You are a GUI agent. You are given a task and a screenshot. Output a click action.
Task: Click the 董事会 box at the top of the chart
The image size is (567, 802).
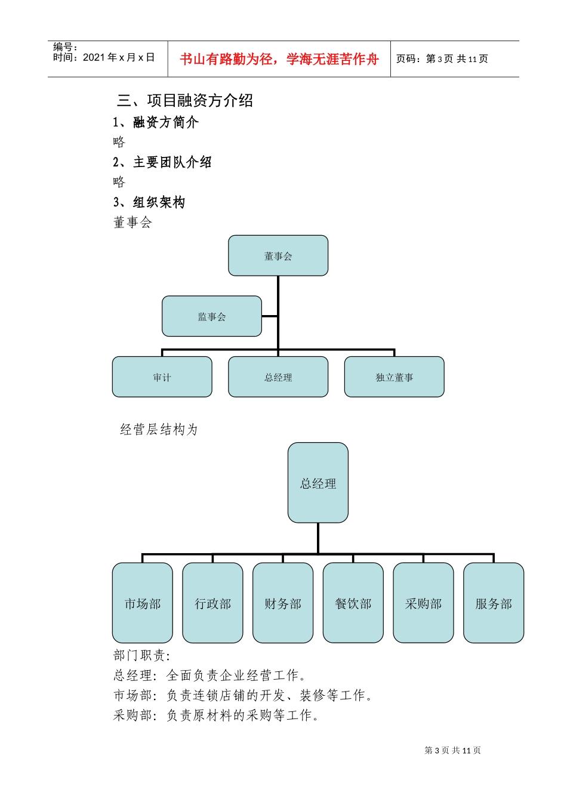pyautogui.click(x=278, y=255)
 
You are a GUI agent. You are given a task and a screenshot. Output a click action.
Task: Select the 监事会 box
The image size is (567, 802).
pyautogui.click(x=212, y=316)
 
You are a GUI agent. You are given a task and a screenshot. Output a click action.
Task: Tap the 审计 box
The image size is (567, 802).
pyautogui.click(x=162, y=377)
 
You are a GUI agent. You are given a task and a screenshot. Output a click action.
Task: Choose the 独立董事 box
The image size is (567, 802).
pyautogui.click(x=394, y=377)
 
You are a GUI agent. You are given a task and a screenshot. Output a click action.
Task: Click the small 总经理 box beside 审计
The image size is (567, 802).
pyautogui.click(x=278, y=377)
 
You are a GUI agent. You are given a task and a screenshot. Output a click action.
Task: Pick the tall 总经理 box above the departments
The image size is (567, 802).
pyautogui.click(x=318, y=483)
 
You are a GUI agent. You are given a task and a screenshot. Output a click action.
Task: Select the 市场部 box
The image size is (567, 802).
pyautogui.click(x=143, y=603)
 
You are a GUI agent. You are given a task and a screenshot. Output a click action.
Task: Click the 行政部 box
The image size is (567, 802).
pyautogui.click(x=212, y=603)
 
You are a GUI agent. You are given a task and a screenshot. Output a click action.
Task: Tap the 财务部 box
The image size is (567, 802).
pyautogui.click(x=283, y=603)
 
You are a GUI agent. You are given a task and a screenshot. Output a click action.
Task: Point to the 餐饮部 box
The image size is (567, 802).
pyautogui.click(x=353, y=603)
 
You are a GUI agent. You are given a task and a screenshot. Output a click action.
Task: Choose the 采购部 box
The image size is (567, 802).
pyautogui.click(x=423, y=603)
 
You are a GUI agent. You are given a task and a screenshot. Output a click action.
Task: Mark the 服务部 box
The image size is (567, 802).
pyautogui.click(x=494, y=603)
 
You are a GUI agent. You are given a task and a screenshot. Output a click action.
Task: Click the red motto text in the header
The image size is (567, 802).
pyautogui.click(x=279, y=59)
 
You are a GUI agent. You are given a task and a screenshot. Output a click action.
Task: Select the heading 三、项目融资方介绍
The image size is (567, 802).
pyautogui.click(x=185, y=100)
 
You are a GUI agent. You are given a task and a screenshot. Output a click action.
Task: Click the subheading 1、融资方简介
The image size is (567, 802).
pyautogui.click(x=156, y=122)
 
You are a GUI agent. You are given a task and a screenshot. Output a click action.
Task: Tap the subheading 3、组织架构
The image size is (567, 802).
pyautogui.click(x=149, y=202)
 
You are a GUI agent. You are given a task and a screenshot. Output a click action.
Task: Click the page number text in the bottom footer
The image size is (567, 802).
pyautogui.click(x=452, y=750)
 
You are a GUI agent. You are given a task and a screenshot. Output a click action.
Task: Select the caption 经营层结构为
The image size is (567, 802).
pyautogui.click(x=159, y=430)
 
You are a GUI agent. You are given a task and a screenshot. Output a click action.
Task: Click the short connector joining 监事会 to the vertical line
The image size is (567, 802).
pyautogui.click(x=270, y=316)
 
